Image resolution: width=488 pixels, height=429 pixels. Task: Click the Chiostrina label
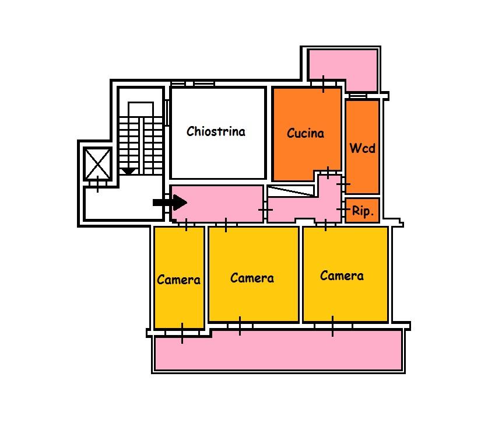(x=216, y=131)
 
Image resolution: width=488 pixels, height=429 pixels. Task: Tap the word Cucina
(x=306, y=133)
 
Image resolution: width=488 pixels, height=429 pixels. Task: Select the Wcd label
(x=362, y=148)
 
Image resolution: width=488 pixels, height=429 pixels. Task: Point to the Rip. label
(x=363, y=211)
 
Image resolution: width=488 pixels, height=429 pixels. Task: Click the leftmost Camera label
(x=178, y=280)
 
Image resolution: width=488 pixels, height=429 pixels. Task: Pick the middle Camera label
(x=252, y=278)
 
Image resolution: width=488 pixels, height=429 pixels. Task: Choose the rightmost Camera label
(x=342, y=275)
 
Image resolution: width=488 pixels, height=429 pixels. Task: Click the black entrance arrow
(x=170, y=203)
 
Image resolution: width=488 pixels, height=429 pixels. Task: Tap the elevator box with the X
(x=98, y=163)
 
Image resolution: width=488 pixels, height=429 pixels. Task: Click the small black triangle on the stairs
(x=128, y=171)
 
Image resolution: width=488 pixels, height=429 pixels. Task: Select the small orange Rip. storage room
(x=362, y=210)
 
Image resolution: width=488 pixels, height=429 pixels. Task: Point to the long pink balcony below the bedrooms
(x=278, y=350)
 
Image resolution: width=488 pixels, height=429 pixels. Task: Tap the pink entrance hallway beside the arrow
(x=217, y=204)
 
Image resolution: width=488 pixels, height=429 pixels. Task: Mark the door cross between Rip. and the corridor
(x=343, y=209)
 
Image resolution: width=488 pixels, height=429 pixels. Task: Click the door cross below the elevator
(x=98, y=184)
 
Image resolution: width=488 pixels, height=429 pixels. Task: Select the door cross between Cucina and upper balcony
(x=324, y=84)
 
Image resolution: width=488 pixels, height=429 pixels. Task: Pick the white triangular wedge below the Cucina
(x=291, y=191)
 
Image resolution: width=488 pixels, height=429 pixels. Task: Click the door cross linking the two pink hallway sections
(x=265, y=210)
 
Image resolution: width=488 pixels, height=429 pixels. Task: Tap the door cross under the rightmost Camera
(x=332, y=326)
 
